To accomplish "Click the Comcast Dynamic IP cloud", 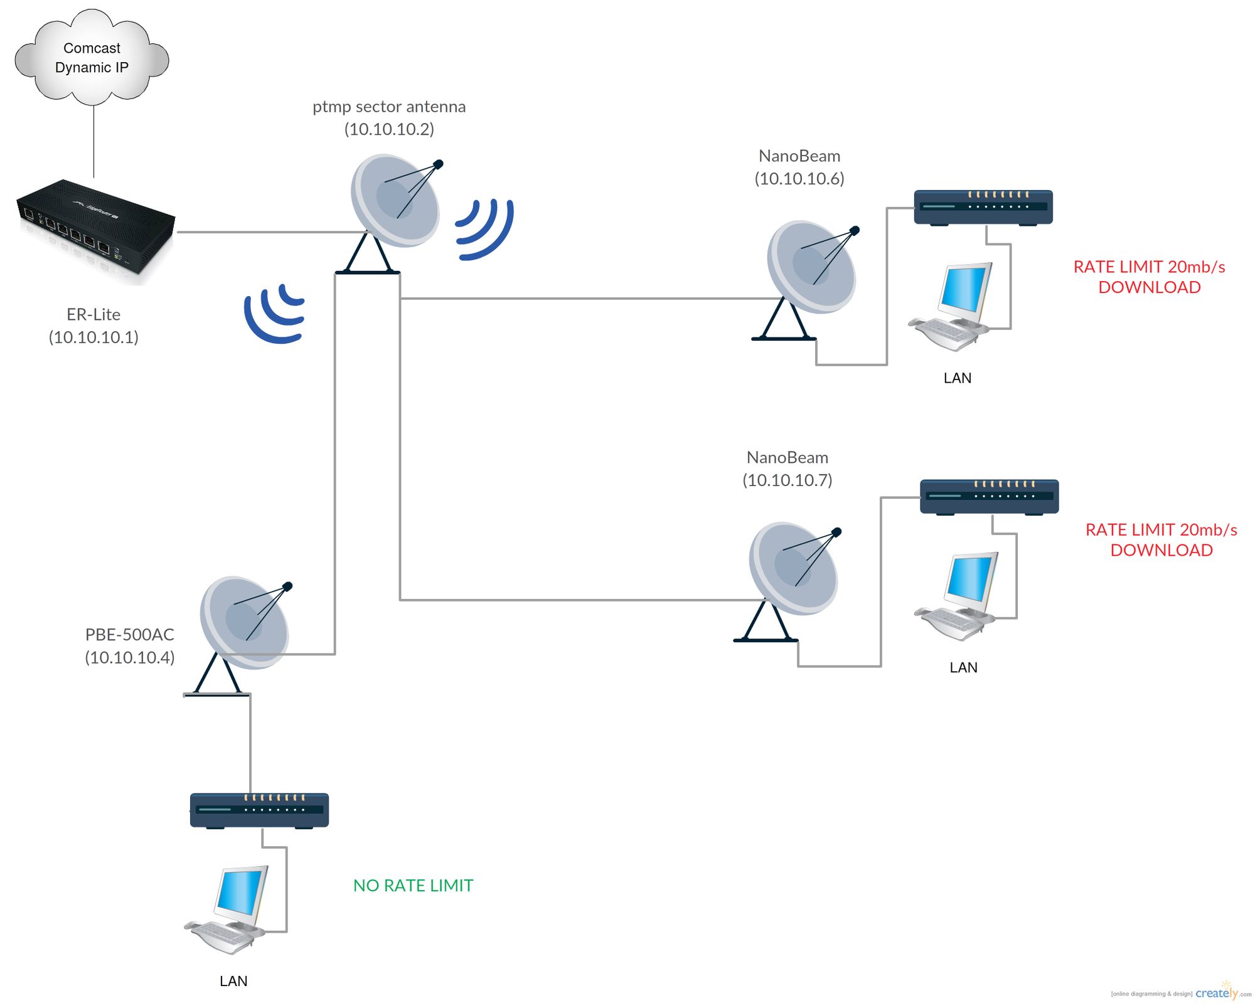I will pos(92,57).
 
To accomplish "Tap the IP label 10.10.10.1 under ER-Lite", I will pos(93,337).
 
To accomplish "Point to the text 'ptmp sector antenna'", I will pos(389,107).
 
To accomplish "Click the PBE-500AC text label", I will pos(130,635).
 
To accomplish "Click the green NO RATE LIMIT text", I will pos(413,886).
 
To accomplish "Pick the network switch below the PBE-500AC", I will pos(259,810).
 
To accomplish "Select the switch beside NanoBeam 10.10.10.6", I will pos(983,207).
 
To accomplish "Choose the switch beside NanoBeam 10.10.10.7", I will pos(989,497).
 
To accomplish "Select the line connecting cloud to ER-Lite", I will pos(93,141).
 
